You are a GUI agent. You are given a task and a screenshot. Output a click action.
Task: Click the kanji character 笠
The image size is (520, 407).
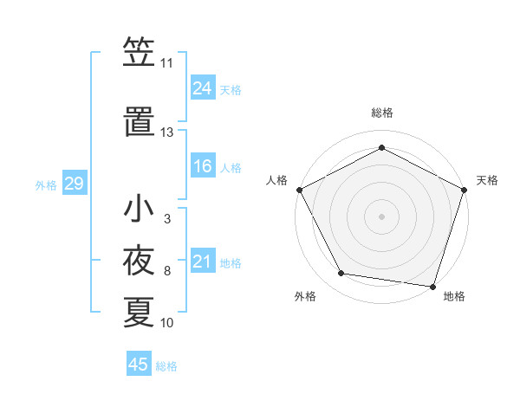(x=139, y=54)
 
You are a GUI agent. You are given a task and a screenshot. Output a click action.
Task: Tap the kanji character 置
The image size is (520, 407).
(x=139, y=120)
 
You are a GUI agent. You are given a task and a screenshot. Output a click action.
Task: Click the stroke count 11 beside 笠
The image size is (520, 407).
(x=167, y=64)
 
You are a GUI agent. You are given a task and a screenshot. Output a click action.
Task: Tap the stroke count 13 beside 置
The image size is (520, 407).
(x=167, y=132)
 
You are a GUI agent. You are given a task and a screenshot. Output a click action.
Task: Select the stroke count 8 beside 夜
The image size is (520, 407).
(x=167, y=272)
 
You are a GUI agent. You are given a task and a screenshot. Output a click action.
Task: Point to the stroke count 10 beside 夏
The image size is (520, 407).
(x=167, y=323)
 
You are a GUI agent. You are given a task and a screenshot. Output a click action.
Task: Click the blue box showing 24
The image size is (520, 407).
(x=203, y=88)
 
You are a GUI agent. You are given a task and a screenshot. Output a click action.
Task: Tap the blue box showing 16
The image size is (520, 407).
(x=203, y=166)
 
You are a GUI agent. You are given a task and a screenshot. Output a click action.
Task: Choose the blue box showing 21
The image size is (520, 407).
(x=203, y=262)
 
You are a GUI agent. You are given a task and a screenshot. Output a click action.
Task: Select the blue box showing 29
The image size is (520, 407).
(x=74, y=184)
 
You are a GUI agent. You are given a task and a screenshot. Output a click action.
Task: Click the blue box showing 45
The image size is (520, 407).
(x=139, y=365)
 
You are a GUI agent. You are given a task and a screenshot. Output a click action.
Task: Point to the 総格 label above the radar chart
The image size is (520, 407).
(x=382, y=113)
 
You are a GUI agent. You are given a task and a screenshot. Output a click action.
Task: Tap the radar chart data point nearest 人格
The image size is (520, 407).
(x=300, y=189)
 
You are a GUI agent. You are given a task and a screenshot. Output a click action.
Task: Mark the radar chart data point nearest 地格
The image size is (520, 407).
(x=432, y=286)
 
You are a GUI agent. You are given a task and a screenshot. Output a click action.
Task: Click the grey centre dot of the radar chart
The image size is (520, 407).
(x=381, y=216)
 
